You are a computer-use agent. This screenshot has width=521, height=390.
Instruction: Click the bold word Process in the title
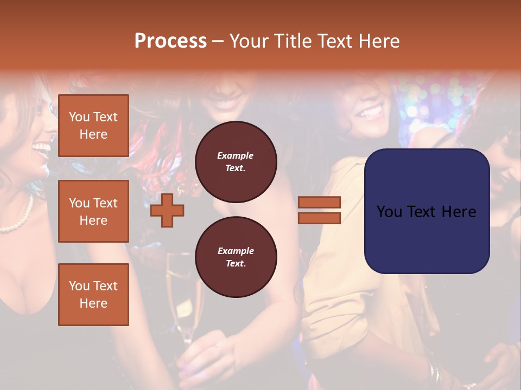click(170, 41)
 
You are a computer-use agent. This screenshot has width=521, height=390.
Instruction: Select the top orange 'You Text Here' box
click(93, 126)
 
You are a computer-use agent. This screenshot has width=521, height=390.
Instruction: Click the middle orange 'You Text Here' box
click(93, 211)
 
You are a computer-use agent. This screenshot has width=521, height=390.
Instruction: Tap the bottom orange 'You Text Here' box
click(93, 295)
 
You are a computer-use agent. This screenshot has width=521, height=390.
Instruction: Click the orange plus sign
click(167, 210)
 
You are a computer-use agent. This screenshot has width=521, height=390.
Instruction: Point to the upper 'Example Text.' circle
click(236, 161)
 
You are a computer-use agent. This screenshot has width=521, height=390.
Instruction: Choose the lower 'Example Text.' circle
click(236, 257)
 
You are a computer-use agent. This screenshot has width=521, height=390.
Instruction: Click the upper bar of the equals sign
click(319, 203)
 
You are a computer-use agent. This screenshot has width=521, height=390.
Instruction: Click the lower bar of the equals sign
click(319, 218)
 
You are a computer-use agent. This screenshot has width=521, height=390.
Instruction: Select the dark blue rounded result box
click(427, 211)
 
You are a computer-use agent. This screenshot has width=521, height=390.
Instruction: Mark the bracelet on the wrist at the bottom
click(434, 374)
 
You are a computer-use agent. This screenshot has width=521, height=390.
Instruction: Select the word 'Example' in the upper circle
click(235, 155)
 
